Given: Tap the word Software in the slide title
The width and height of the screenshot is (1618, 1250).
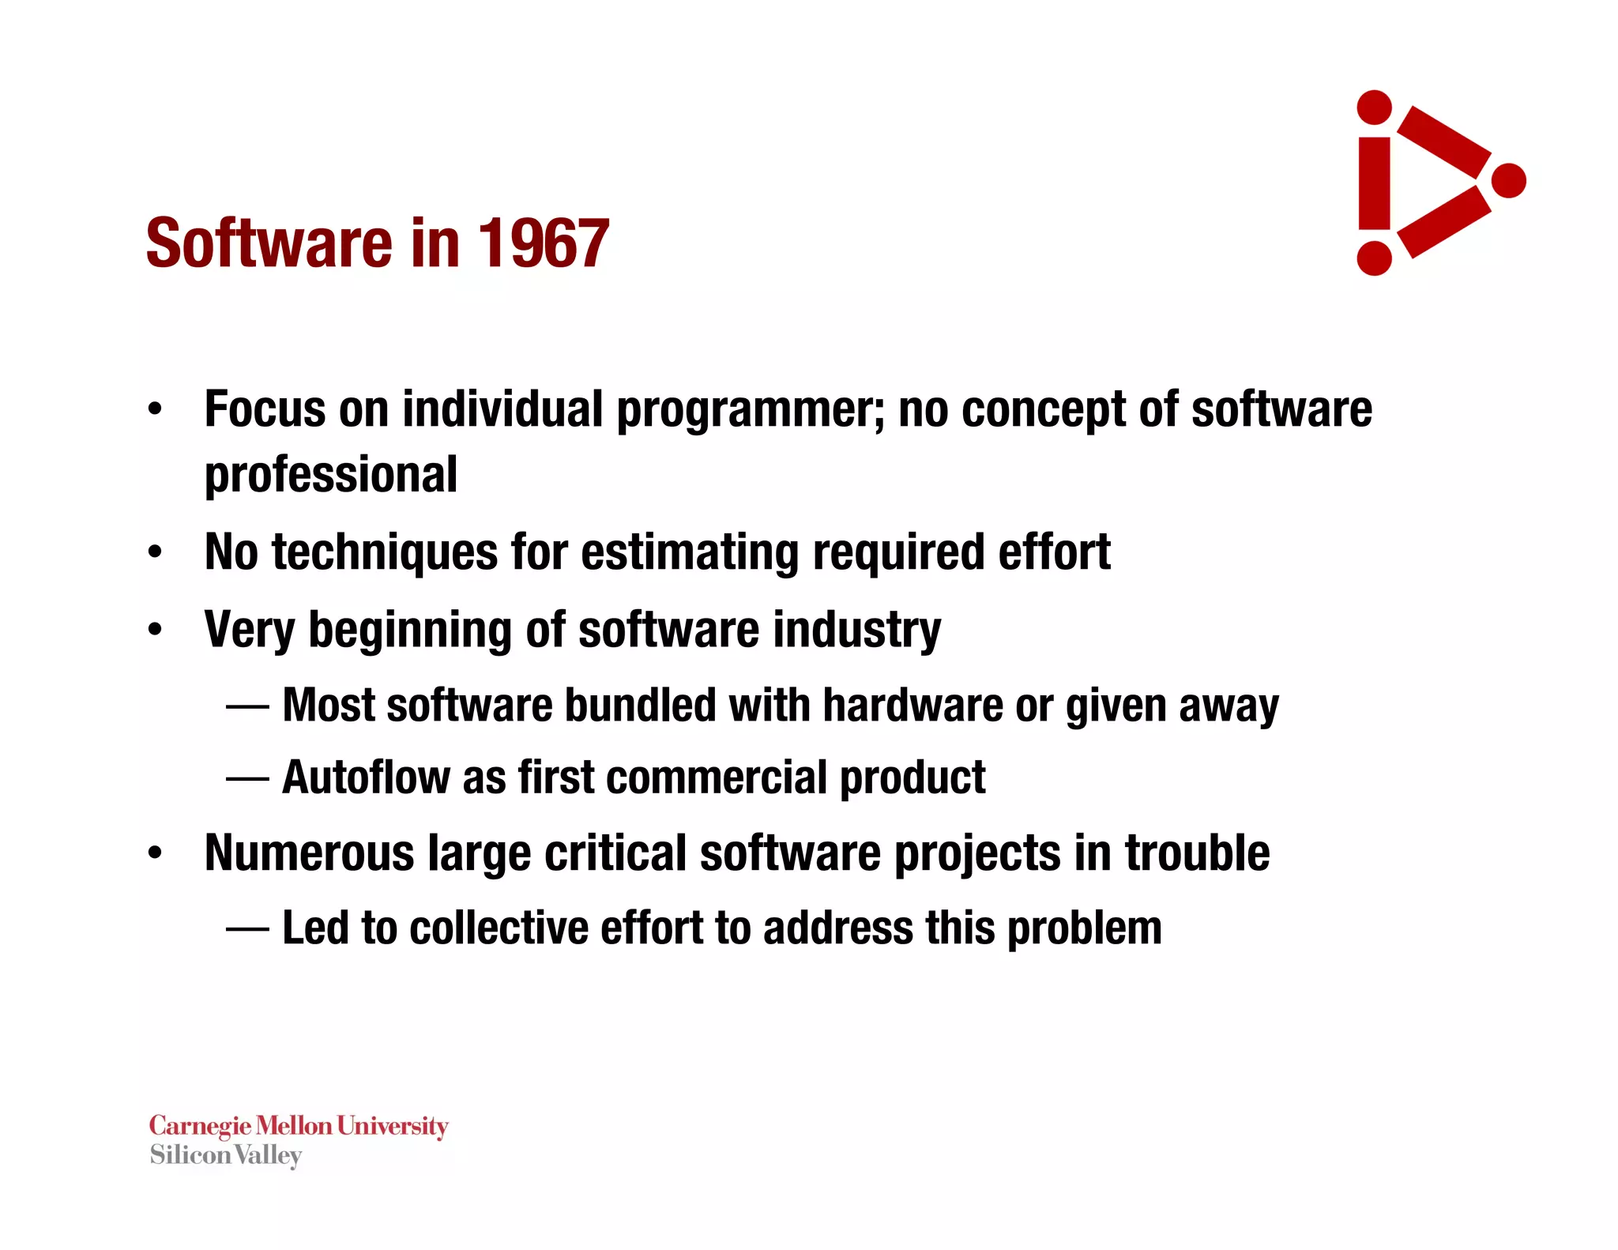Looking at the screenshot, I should click(x=269, y=243).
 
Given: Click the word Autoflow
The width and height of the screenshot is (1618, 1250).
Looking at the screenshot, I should click(x=365, y=777).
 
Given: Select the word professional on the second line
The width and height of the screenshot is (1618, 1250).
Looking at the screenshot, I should click(x=330, y=475).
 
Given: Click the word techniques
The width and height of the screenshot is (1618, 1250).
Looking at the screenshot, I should click(x=385, y=552).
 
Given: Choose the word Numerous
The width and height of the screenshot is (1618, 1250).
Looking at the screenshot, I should click(x=309, y=853).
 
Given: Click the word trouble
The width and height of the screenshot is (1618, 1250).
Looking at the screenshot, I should click(x=1197, y=853).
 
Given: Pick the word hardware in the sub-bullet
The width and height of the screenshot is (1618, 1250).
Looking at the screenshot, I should click(x=912, y=705).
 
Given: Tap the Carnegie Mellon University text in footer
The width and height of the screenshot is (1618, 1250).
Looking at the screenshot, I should click(x=299, y=1125).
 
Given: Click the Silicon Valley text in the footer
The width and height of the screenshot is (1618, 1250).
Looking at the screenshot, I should click(x=226, y=1155).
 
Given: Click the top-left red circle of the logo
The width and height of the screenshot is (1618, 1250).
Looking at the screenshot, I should click(x=1374, y=107).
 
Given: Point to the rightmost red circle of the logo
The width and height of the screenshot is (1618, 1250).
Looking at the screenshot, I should click(x=1509, y=181).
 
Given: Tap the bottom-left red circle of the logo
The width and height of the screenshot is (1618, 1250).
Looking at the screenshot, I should click(x=1374, y=258).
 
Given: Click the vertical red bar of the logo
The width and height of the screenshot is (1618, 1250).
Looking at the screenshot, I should click(x=1374, y=183).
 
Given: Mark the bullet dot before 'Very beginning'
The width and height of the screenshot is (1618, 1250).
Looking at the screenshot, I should click(x=155, y=630).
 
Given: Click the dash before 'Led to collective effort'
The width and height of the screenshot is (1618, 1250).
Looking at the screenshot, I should click(x=247, y=928).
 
